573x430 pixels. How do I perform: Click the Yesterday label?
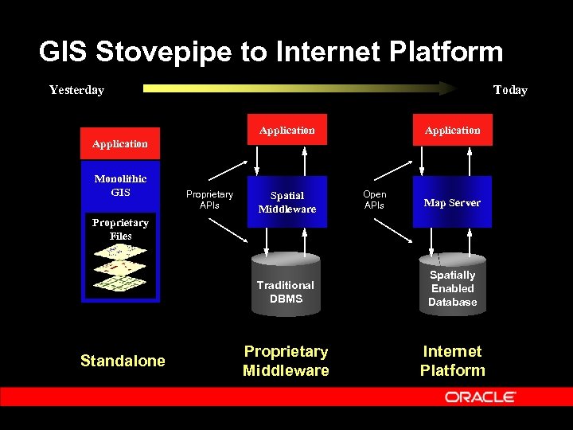point(76,90)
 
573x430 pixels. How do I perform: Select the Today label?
point(510,90)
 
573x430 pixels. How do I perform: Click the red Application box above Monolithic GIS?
point(119,144)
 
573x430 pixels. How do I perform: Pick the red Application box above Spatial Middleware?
point(287,130)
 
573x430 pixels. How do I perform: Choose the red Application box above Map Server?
point(452,130)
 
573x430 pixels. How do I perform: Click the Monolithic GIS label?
point(120,186)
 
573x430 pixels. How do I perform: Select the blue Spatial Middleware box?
point(287,202)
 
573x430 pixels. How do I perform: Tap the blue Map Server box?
point(452,202)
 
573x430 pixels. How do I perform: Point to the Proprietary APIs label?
point(209,200)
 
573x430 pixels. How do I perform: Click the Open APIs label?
point(374,200)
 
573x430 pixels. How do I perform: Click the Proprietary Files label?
point(120,229)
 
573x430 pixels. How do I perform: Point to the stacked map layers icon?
point(119,267)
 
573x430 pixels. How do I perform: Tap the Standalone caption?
point(123,361)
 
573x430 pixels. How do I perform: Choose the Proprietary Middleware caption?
point(286,361)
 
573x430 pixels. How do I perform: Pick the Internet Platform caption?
point(452,361)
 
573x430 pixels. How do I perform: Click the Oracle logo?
point(481,397)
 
